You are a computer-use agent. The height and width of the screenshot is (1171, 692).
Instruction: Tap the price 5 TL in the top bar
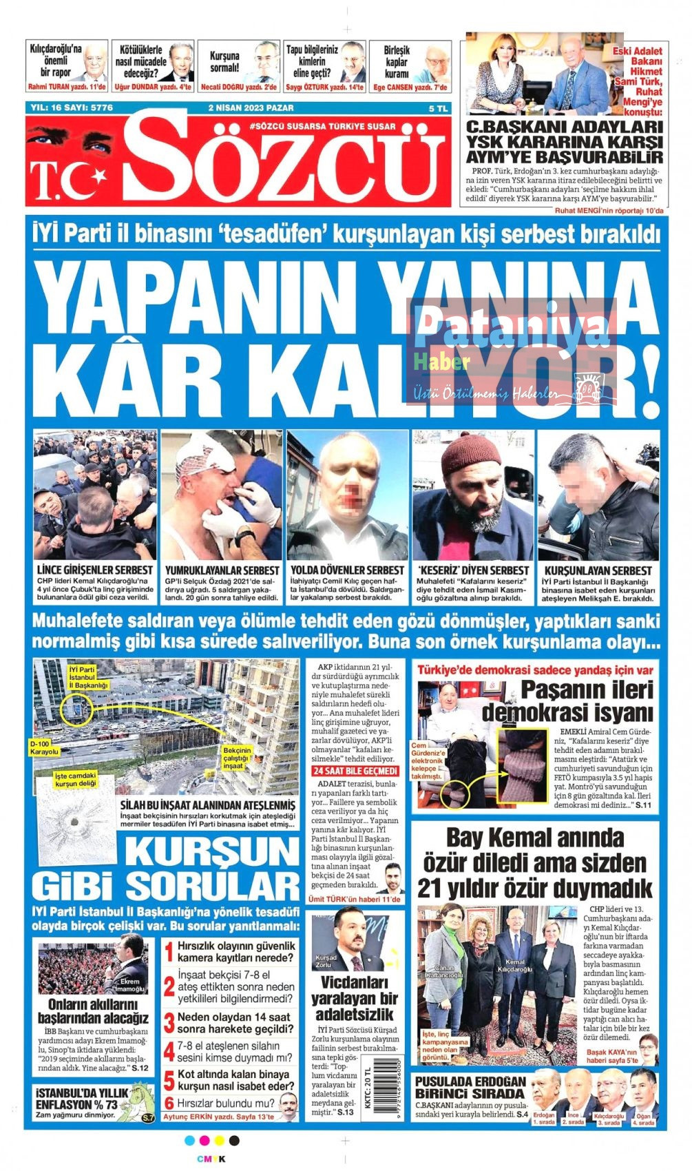438,108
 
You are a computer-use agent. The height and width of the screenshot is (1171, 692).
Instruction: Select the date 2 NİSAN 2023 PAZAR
251,108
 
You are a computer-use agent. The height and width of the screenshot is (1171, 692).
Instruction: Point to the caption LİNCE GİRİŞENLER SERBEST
95,570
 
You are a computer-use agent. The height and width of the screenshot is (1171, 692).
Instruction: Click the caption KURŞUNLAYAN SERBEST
598,570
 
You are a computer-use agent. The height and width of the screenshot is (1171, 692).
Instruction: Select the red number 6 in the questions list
169,1103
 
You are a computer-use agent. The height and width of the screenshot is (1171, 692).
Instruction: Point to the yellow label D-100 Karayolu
45,748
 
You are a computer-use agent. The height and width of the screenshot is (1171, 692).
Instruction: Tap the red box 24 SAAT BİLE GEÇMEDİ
355,771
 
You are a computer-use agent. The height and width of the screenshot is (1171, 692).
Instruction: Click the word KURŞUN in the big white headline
210,851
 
